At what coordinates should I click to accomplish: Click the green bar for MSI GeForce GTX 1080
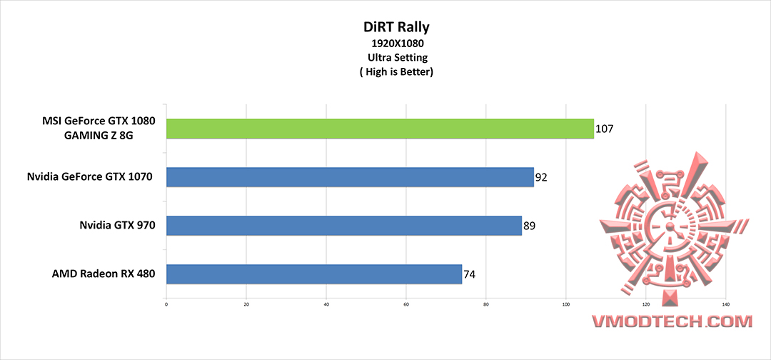380,129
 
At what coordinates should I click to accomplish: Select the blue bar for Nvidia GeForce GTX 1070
350,177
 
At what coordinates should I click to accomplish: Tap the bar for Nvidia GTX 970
344,226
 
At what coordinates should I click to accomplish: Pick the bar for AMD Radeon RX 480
314,274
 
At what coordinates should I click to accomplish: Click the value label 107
604,129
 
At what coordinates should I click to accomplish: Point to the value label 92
541,178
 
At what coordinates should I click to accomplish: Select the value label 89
529,226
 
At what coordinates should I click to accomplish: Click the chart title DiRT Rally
386,28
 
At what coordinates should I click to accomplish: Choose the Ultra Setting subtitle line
386,58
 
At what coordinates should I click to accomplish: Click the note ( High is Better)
386,71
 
